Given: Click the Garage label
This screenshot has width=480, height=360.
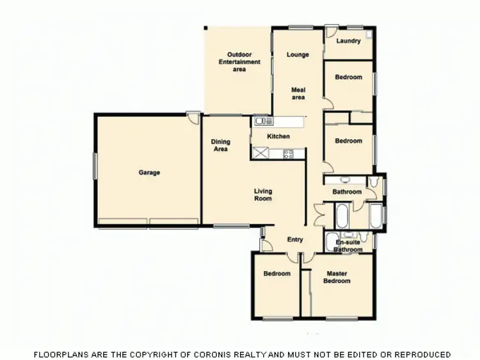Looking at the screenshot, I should pos(149,173).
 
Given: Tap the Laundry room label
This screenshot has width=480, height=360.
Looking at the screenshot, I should pos(348,40).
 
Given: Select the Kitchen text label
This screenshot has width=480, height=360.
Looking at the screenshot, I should pos(278,136).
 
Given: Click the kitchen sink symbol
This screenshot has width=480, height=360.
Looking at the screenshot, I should pos(260,120).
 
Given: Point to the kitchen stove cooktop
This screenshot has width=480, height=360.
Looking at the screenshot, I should pos(288,153).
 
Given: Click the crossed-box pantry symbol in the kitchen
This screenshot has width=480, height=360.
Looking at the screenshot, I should pos(261,153).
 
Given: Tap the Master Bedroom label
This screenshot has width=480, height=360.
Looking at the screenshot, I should pos(337,278).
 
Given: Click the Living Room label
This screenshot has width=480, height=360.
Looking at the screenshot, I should pos(263,194).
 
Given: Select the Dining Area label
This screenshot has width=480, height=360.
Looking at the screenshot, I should pos(221,146).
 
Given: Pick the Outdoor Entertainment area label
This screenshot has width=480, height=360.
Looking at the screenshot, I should pos(239,61).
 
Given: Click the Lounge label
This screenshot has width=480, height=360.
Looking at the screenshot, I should pos(298,55).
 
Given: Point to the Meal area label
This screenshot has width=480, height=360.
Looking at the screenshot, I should pos(298,93).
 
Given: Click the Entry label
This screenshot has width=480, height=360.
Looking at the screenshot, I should pos(295,240).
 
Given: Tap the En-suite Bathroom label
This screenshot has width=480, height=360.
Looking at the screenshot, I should pos(348,246).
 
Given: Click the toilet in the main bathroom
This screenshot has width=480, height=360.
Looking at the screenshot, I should pos(378,186).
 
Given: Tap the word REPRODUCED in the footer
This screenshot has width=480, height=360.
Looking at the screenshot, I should pos(420,354).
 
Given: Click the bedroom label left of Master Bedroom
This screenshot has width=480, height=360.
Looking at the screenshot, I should pos(277,274).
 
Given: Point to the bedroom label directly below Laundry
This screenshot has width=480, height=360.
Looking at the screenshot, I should pos(349,77).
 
